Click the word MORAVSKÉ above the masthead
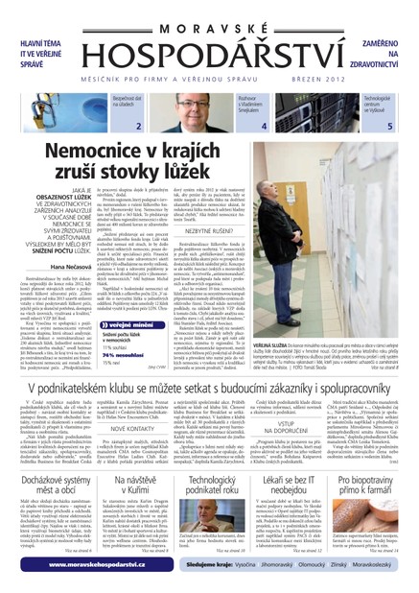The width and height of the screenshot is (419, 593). [x=209, y=11]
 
